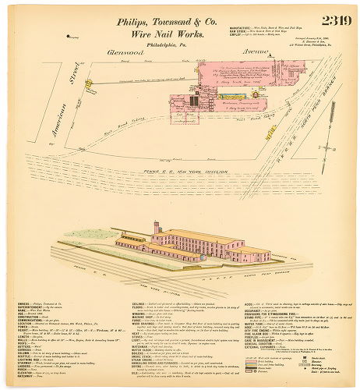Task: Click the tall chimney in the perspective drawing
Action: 156,228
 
